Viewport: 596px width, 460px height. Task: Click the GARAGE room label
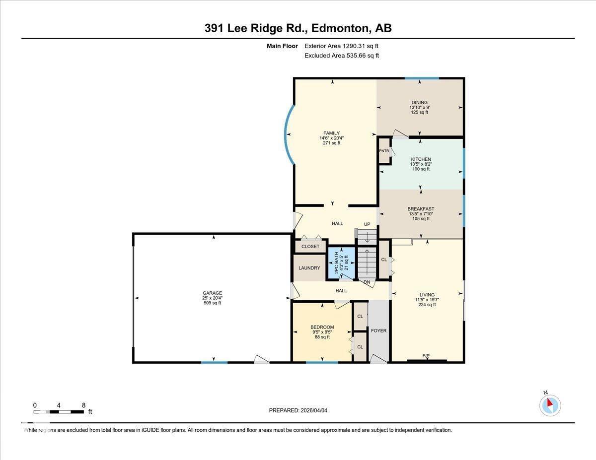tap(212, 293)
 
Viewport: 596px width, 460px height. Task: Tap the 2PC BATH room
tap(341, 263)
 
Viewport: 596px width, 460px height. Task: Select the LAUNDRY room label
tap(309, 268)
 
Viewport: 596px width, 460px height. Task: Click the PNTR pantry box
tap(384, 151)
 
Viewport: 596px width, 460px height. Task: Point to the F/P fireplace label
tap(426, 356)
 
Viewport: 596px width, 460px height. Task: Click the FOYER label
tap(378, 330)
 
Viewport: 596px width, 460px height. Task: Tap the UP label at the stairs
tap(367, 224)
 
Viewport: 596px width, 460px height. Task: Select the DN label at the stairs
tap(367, 282)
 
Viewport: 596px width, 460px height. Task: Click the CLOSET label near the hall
tap(310, 247)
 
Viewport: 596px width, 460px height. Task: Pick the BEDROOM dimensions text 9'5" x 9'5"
tap(322, 332)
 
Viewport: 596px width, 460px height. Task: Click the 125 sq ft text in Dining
tap(419, 113)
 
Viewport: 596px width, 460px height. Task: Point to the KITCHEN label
tap(421, 159)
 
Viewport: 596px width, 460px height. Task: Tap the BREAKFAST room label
tap(421, 209)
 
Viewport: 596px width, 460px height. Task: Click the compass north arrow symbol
tap(550, 405)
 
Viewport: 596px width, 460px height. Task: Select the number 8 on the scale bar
tap(83, 405)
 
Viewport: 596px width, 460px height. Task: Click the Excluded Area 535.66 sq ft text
tap(341, 56)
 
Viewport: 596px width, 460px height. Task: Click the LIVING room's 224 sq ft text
tap(427, 305)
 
